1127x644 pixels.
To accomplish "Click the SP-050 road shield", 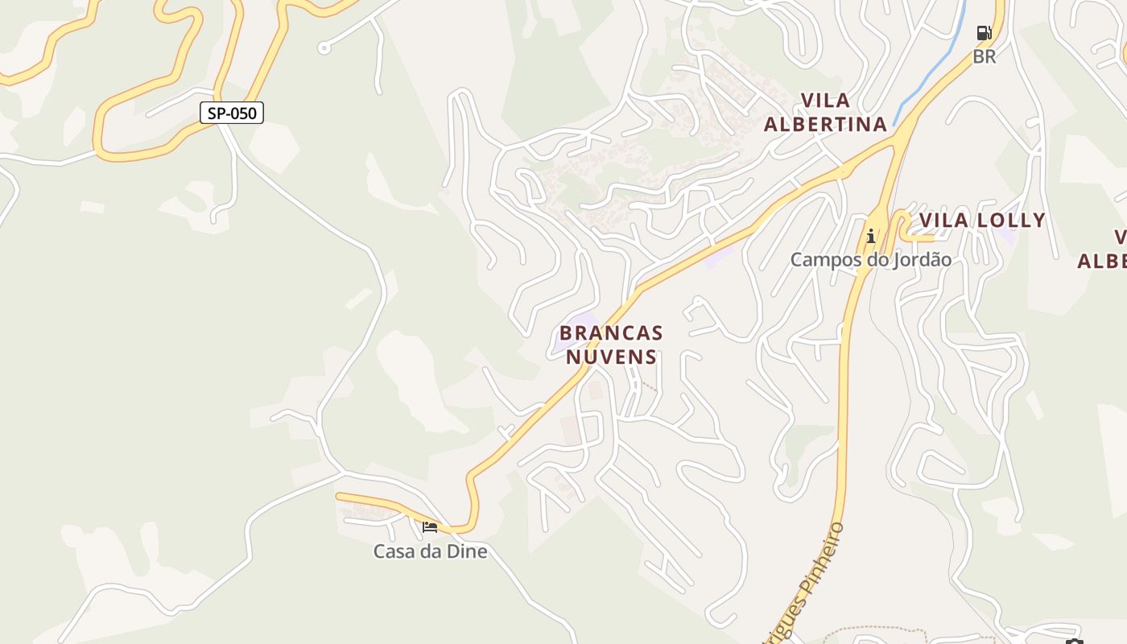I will [232, 113].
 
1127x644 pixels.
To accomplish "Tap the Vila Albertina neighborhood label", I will [825, 112].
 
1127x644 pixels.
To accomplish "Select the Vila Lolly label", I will [982, 220].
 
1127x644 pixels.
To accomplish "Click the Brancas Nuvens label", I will [612, 345].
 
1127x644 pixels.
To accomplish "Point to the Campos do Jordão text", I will [870, 259].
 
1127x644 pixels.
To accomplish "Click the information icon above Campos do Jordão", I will [870, 236].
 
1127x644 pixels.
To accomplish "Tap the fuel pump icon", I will [984, 33].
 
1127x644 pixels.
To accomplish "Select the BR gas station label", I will [984, 56].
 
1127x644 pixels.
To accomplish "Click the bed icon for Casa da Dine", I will [430, 527].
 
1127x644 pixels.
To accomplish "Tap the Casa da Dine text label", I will [430, 551].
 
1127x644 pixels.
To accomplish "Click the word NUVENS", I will [612, 356].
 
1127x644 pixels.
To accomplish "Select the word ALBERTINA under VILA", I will [825, 124].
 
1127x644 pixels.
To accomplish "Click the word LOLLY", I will [1010, 220].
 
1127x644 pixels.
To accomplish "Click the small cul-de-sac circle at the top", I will [324, 48].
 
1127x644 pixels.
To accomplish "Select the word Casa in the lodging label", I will [392, 551].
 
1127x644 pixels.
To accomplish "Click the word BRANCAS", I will [612, 332].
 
